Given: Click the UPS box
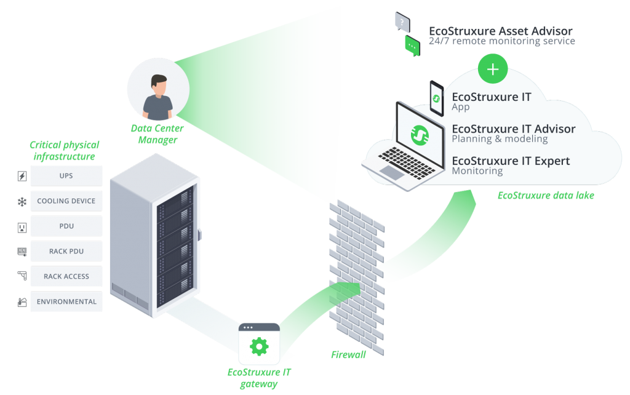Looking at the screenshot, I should (x=66, y=176).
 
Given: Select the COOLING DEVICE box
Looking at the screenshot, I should (x=66, y=201).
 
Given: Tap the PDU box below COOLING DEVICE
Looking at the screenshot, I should (x=66, y=226).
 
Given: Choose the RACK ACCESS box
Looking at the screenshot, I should (x=66, y=277).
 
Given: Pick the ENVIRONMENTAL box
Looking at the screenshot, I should (x=66, y=302).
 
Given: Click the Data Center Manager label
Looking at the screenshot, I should (x=154, y=134).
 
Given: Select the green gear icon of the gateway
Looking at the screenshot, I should (x=259, y=346).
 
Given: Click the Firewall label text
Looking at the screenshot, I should (x=348, y=354).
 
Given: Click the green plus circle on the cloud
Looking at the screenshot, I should (x=493, y=69).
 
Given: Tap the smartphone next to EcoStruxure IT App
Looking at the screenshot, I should (x=437, y=98).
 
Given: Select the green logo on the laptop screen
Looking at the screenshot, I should (x=420, y=135).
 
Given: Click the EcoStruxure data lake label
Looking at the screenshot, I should (x=545, y=196).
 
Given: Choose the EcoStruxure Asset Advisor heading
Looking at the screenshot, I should (x=500, y=31).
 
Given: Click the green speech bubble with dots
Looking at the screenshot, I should (x=412, y=46).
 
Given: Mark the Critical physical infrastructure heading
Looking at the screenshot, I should (x=64, y=151).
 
